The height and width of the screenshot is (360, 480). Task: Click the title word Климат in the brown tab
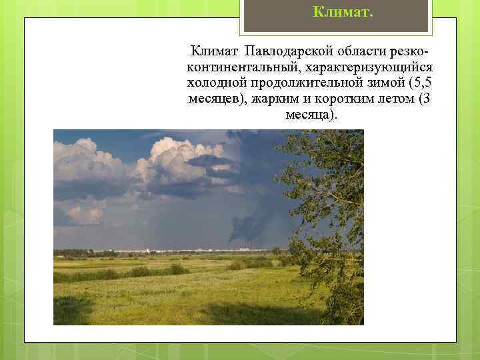coord(335,11)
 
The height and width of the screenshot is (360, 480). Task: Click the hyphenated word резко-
coord(406,52)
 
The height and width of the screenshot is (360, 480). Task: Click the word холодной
coord(217,84)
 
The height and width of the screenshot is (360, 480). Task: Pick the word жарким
coord(273,100)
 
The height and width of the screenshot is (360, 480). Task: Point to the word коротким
coord(340,100)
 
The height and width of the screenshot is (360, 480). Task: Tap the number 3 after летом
coord(427,100)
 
